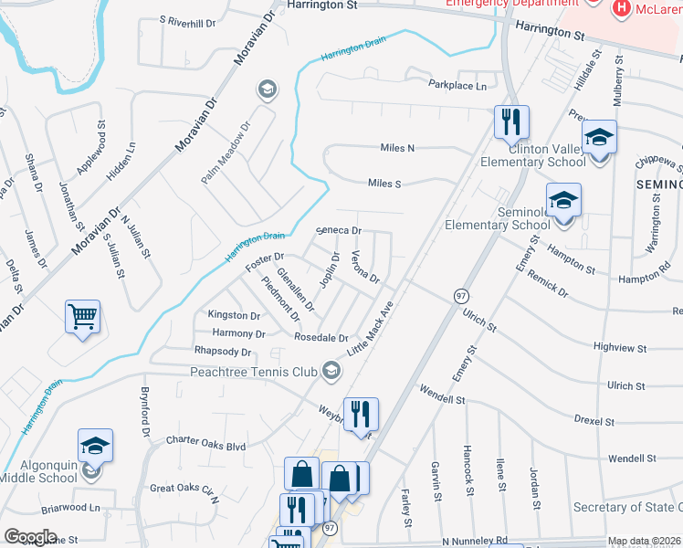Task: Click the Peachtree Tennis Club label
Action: (253, 372)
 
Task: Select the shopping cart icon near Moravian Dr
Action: (82, 318)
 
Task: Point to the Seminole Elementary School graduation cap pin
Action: (563, 200)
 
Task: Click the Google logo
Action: (30, 537)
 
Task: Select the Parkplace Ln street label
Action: (458, 85)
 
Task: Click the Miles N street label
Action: (397, 148)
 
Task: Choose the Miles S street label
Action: (384, 184)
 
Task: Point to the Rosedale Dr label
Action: (320, 338)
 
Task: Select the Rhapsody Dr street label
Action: (222, 351)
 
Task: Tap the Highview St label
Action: (620, 348)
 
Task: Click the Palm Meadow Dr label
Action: (226, 152)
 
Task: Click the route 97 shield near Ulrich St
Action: (461, 296)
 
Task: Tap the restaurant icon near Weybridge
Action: (361, 413)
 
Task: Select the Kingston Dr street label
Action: (235, 314)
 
